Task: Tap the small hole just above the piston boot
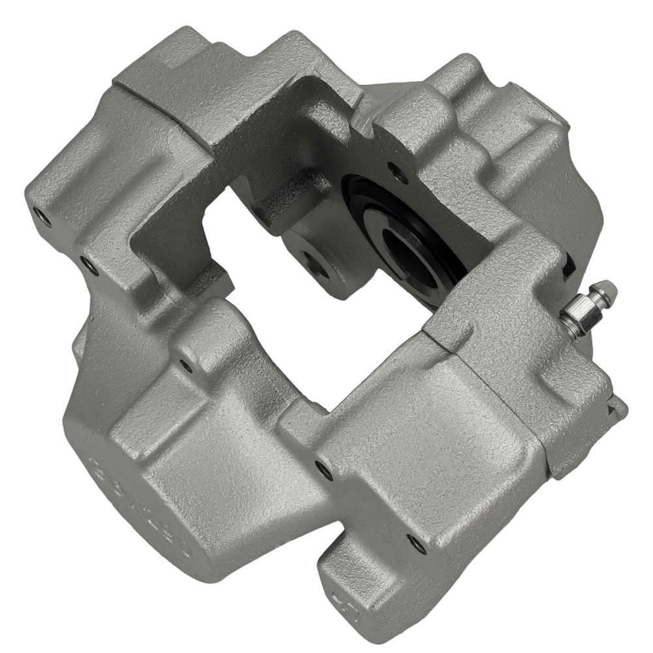(x=396, y=170)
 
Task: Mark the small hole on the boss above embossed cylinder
(x=187, y=366)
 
